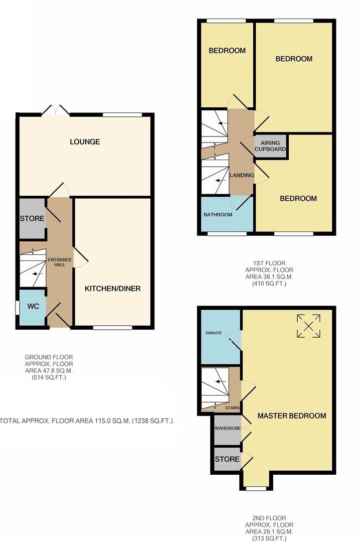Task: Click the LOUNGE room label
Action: pyautogui.click(x=85, y=142)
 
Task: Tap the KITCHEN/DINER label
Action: pyautogui.click(x=113, y=288)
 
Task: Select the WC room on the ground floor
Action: pyautogui.click(x=32, y=307)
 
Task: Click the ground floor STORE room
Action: pyautogui.click(x=32, y=218)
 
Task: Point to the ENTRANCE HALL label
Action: pyautogui.click(x=60, y=262)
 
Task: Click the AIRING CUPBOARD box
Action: pyautogui.click(x=271, y=146)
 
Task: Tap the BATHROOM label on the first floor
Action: pyautogui.click(x=218, y=215)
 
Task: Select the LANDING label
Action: pyautogui.click(x=242, y=175)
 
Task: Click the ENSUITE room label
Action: pyautogui.click(x=214, y=333)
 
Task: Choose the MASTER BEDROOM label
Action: pyautogui.click(x=292, y=416)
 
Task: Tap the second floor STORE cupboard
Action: pyautogui.click(x=227, y=459)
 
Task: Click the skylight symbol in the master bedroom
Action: pyautogui.click(x=308, y=326)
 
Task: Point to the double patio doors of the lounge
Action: pyautogui.click(x=56, y=110)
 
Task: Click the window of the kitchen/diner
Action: pyautogui.click(x=113, y=327)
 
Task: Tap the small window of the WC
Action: pyautogui.click(x=17, y=308)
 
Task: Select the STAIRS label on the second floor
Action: pyautogui.click(x=233, y=408)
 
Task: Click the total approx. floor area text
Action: pyautogui.click(x=86, y=421)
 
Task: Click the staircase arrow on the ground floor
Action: pyautogui.click(x=39, y=274)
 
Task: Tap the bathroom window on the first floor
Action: pyautogui.click(x=227, y=234)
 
